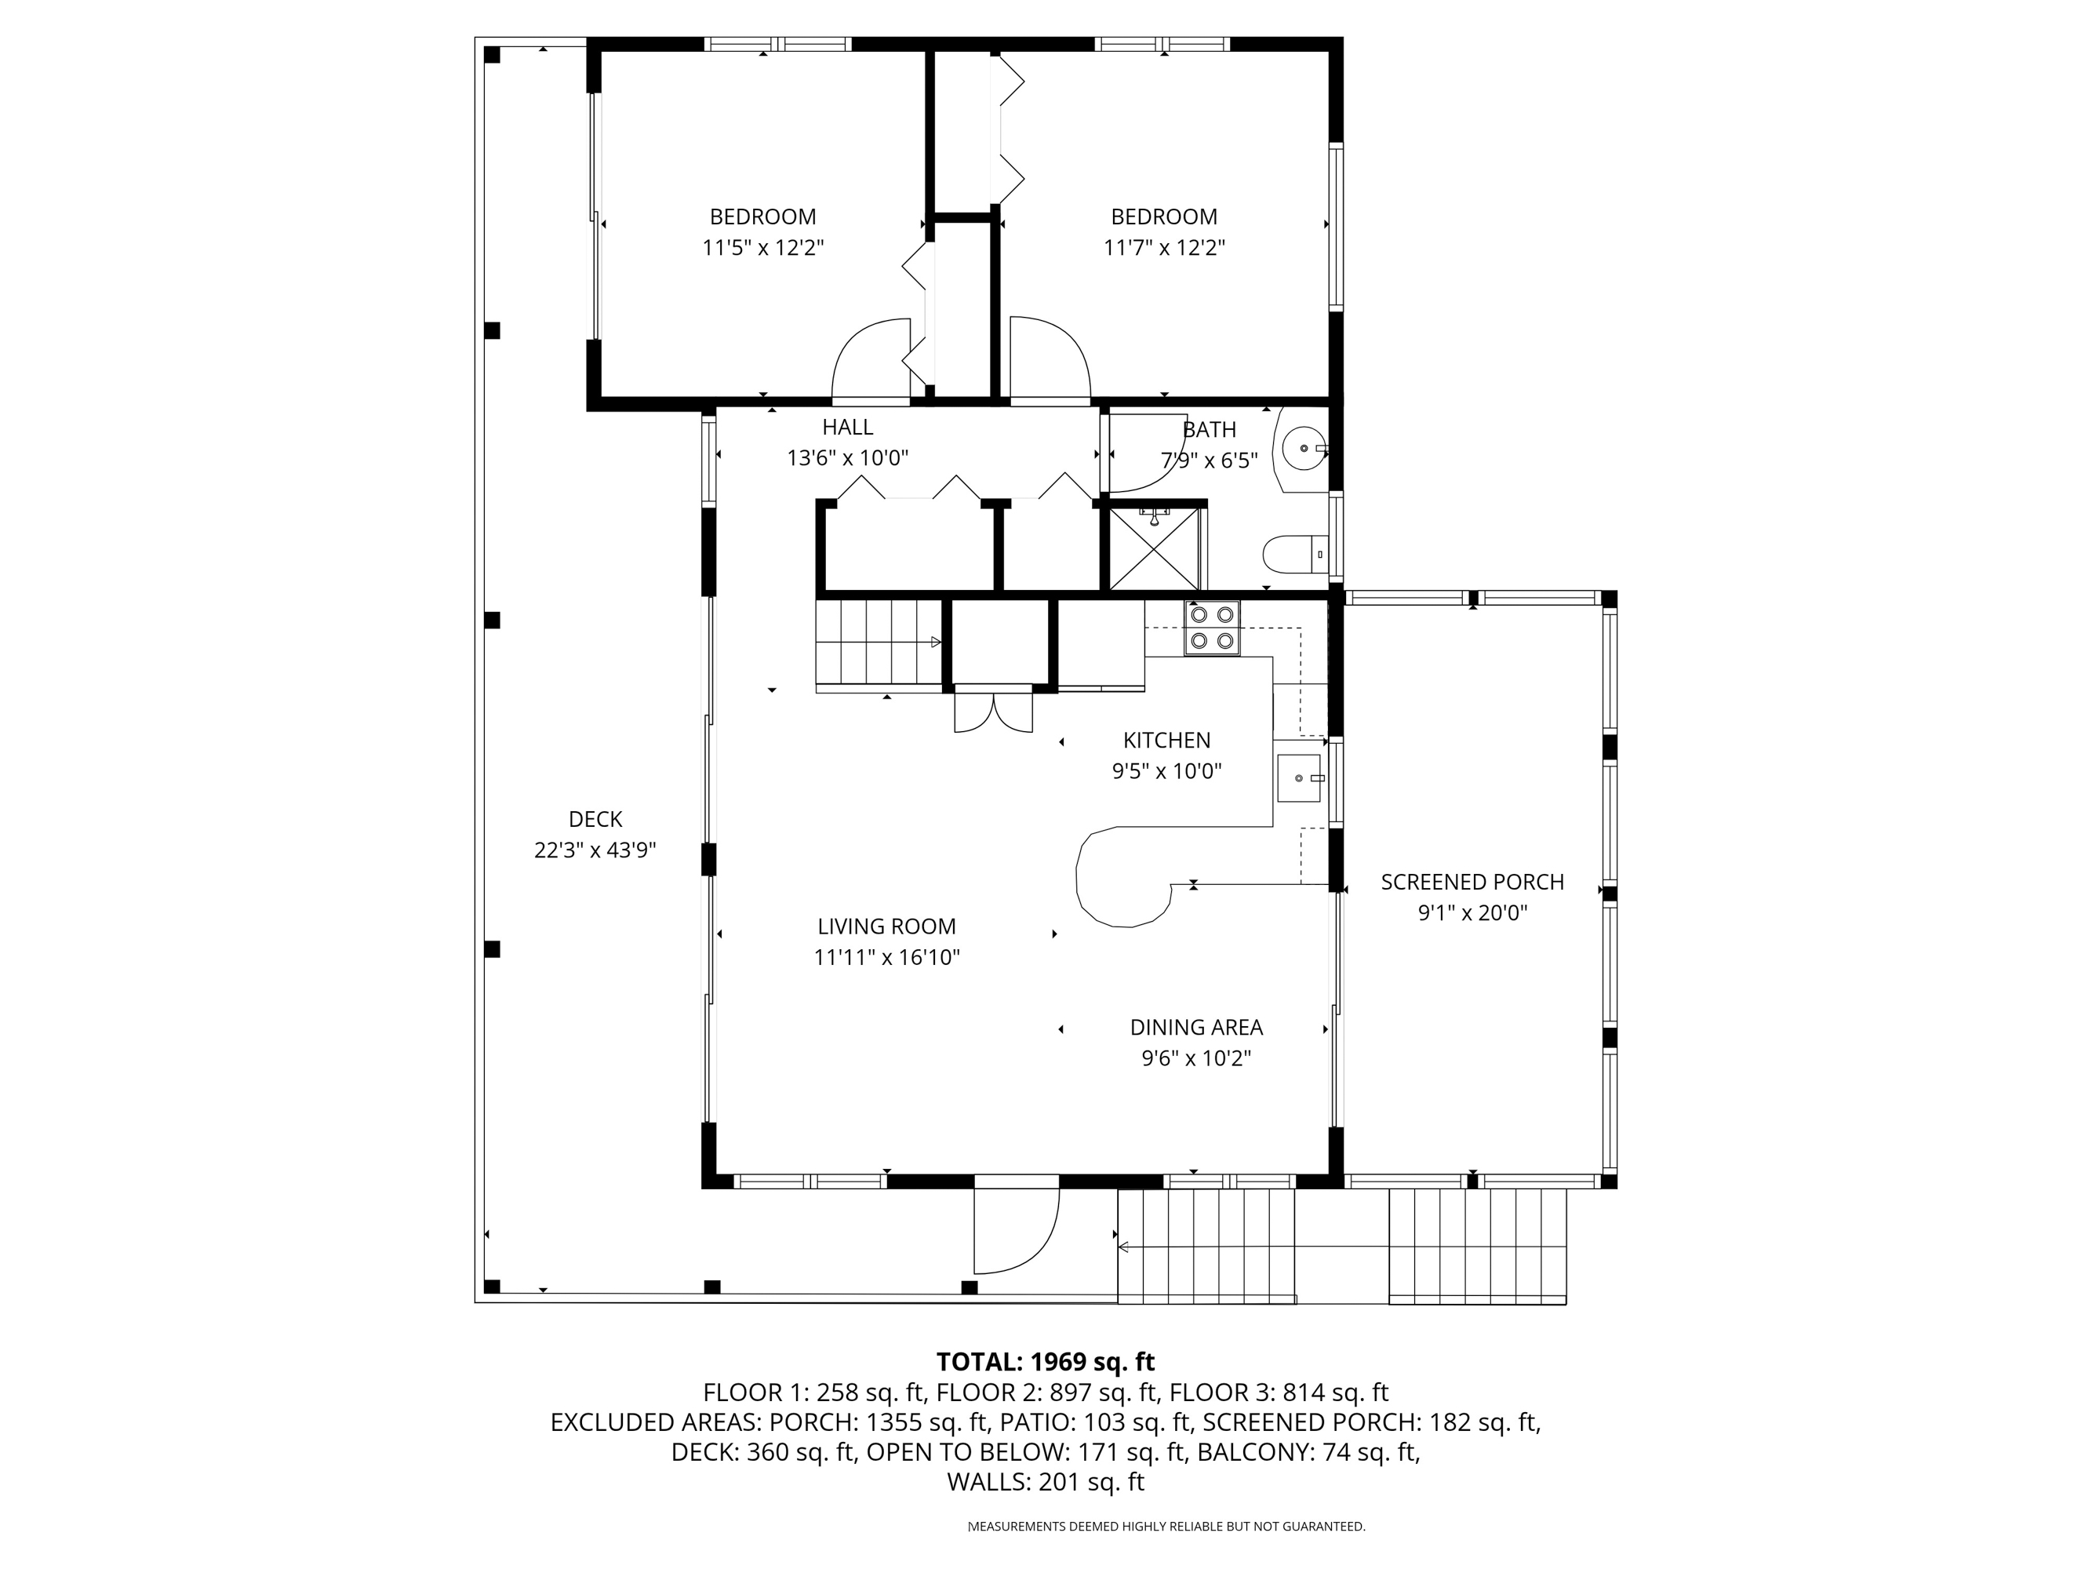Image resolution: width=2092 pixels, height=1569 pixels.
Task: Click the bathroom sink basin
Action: (x=1304, y=448)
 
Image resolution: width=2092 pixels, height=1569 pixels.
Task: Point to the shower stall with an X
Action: (x=1153, y=549)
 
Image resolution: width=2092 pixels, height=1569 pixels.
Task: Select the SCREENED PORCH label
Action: (x=1472, y=882)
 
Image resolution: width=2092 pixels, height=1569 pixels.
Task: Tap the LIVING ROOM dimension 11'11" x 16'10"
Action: (x=886, y=957)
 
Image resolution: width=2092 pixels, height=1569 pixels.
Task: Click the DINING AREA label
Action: (x=1195, y=1027)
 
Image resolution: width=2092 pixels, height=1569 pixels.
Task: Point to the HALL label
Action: (x=846, y=427)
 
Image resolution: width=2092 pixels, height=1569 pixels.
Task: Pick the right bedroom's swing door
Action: (x=1048, y=359)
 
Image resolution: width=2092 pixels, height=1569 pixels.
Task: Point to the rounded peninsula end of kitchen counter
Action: (x=1122, y=879)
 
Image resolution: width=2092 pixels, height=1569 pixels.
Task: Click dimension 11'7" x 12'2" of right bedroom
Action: (x=1163, y=248)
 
